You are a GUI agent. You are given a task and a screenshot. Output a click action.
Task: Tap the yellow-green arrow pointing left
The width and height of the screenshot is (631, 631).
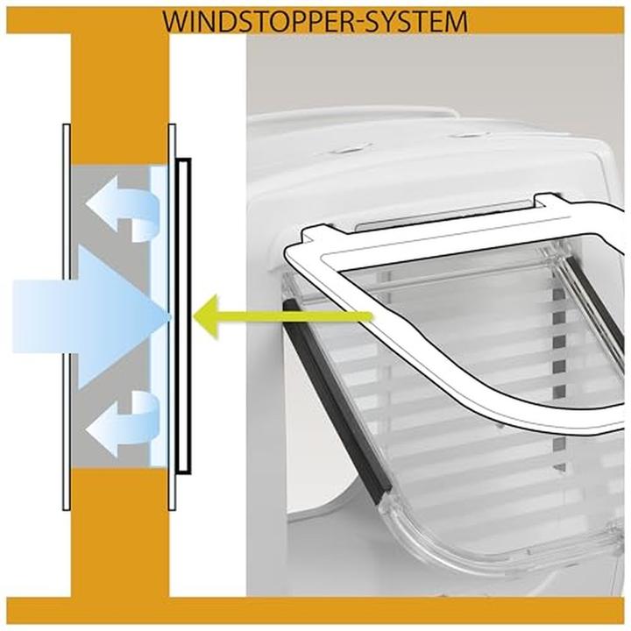point(263,314)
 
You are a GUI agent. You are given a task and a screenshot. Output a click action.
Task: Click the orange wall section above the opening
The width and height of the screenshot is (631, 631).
point(119,96)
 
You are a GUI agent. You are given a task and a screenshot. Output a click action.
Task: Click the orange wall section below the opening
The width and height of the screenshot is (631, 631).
point(119,535)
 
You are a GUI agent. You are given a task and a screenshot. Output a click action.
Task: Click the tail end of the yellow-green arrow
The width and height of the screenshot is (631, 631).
point(368,314)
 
